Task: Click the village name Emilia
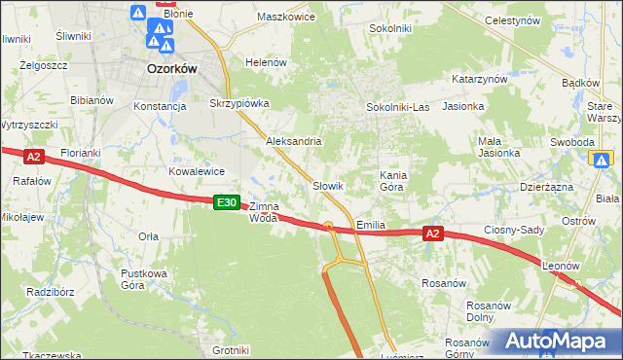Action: coord(371,224)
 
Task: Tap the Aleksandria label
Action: coord(294,141)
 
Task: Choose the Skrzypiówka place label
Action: coord(238,103)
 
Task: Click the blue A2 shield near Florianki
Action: coord(33,156)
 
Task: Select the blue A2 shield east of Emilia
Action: coord(434,234)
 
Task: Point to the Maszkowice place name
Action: coord(284,17)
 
